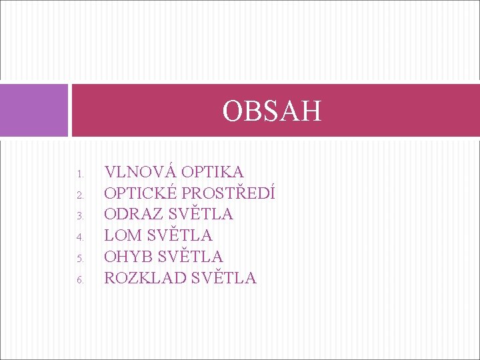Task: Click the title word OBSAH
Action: tap(272, 111)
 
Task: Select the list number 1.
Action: tap(79, 175)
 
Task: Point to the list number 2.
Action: tap(79, 196)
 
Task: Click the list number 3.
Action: tap(79, 217)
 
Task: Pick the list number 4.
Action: tap(79, 237)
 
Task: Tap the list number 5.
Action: tap(79, 259)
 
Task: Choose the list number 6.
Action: tap(79, 280)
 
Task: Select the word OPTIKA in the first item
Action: tap(212, 172)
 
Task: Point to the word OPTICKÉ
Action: tap(141, 193)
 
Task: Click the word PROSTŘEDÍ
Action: tap(229, 193)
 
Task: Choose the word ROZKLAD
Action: tap(145, 278)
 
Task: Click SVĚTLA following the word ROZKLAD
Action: tap(223, 278)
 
